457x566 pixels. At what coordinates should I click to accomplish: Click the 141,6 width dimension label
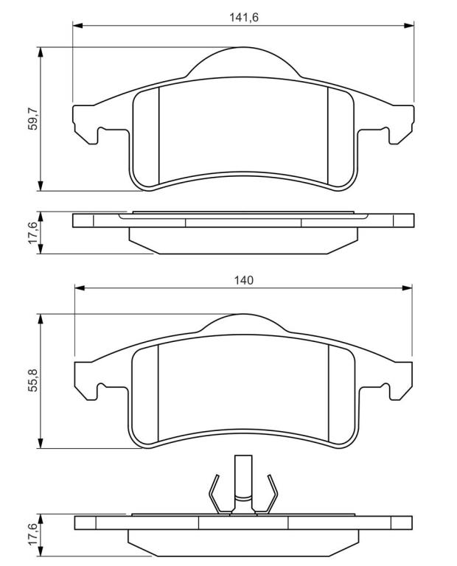click(244, 18)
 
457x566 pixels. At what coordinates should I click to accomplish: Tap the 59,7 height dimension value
click(34, 119)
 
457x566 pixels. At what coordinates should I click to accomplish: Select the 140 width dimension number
click(244, 280)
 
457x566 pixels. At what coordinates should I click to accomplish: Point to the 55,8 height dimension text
click(34, 380)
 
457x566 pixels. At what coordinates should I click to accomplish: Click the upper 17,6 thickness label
click(33, 233)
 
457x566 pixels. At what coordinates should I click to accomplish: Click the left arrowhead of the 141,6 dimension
click(78, 26)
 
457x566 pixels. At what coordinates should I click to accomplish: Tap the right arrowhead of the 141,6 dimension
click(408, 26)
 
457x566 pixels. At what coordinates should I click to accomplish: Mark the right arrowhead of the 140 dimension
click(407, 288)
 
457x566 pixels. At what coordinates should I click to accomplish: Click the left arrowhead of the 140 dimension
click(80, 288)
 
